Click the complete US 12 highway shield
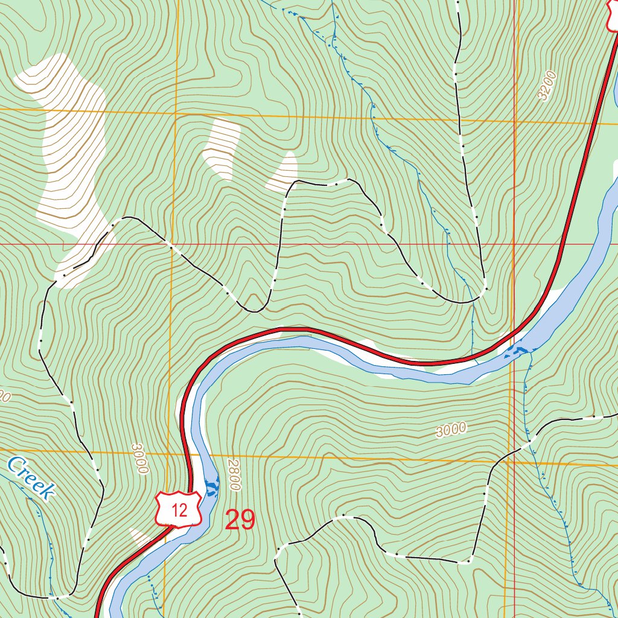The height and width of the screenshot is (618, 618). [x=179, y=509]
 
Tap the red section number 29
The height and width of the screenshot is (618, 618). [x=240, y=520]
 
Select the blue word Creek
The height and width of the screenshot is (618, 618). [x=30, y=478]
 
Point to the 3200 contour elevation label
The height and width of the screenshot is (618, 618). [x=547, y=86]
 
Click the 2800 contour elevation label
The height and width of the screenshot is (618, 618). [x=235, y=475]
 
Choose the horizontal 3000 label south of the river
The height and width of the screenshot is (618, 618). [x=451, y=430]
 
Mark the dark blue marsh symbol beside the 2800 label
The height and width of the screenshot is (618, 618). [x=213, y=486]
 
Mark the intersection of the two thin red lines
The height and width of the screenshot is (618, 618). [x=514, y=244]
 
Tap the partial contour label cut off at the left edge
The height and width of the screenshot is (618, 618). [x=5, y=397]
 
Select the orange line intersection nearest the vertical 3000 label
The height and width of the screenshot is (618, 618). [x=173, y=451]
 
